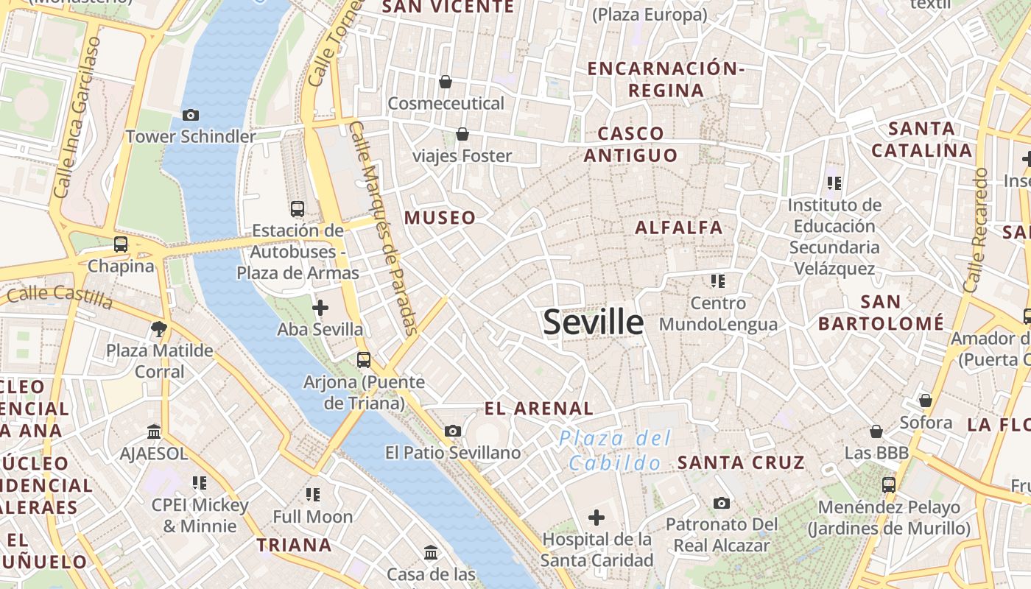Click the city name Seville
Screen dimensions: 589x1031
593,322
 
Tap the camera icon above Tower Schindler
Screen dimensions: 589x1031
191,115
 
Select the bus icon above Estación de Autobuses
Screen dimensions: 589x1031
298,209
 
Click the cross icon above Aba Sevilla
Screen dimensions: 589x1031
320,308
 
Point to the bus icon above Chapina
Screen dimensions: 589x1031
121,244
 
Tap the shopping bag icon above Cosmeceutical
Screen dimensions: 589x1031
446,82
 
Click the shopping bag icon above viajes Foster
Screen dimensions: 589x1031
462,134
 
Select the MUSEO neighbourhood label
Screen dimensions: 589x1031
440,218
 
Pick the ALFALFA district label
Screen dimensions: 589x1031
679,228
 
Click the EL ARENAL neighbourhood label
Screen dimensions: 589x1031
539,409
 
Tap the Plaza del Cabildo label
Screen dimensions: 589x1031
615,451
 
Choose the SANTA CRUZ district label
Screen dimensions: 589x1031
741,462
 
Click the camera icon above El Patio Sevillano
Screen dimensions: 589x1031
453,431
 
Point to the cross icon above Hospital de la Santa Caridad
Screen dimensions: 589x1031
597,518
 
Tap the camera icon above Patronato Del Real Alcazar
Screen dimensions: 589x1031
722,504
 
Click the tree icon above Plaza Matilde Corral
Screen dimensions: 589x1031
159,329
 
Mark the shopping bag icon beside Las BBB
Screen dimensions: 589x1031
876,431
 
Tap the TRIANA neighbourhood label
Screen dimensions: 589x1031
294,546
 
